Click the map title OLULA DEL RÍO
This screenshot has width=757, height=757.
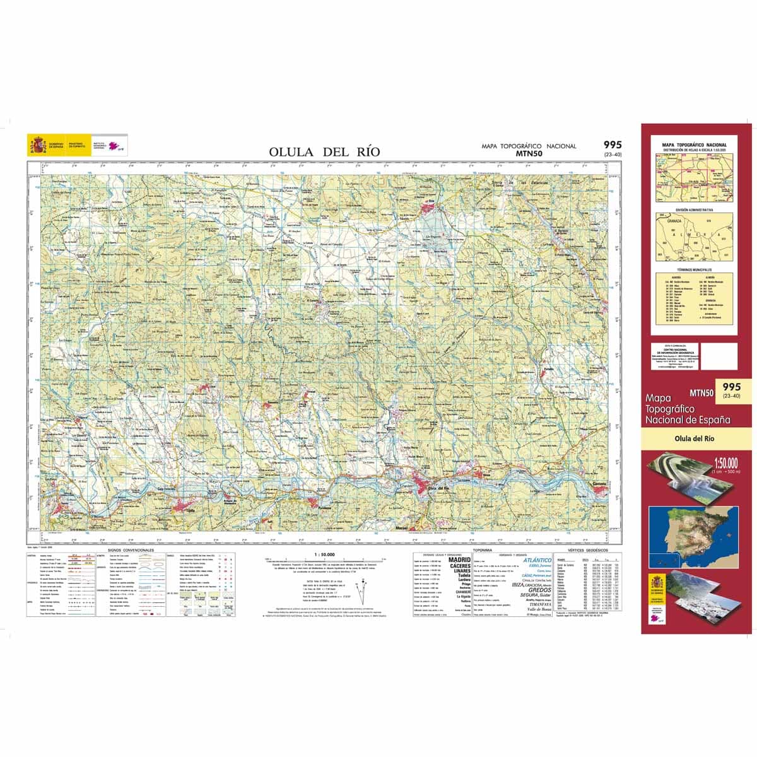(x=324, y=151)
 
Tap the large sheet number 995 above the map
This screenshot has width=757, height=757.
(x=613, y=145)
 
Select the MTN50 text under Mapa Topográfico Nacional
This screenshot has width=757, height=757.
(x=529, y=153)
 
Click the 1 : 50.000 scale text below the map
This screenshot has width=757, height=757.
(x=323, y=554)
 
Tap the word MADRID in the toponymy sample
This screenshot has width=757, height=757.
(x=459, y=560)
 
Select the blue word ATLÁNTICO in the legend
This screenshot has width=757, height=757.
(x=537, y=560)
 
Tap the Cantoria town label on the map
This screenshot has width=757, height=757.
(x=599, y=483)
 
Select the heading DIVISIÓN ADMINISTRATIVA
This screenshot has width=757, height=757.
(x=694, y=209)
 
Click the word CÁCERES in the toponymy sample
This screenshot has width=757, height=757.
(x=459, y=566)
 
